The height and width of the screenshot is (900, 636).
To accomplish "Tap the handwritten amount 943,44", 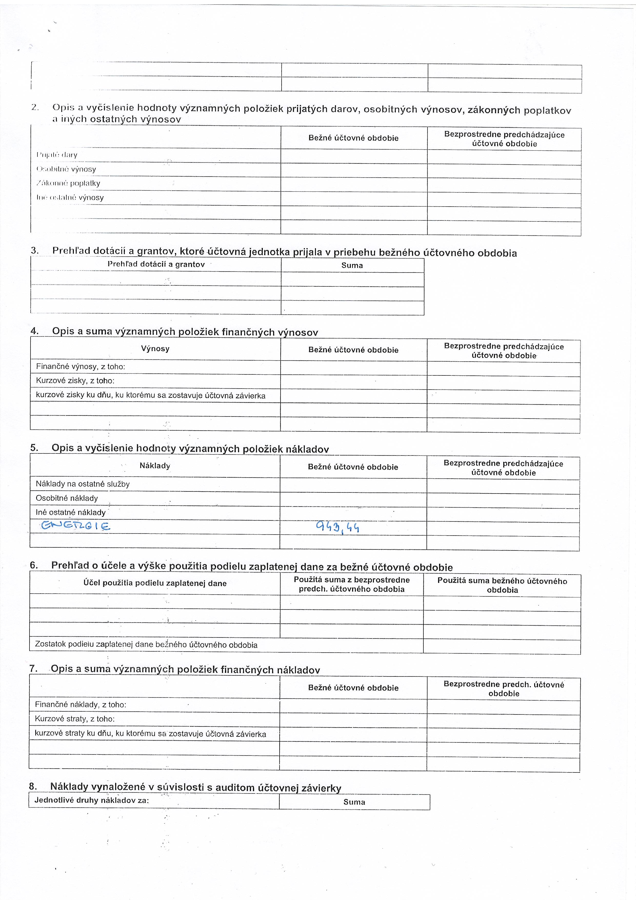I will click(337, 528).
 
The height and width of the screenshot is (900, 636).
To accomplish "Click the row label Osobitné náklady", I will click(67, 498).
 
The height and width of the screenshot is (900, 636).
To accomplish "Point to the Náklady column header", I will click(155, 466).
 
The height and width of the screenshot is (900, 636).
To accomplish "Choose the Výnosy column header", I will click(155, 349).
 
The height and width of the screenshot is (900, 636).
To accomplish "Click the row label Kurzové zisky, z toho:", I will click(75, 381).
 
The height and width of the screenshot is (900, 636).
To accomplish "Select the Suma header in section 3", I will click(352, 265).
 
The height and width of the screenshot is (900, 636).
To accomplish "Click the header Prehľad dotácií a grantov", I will click(156, 264).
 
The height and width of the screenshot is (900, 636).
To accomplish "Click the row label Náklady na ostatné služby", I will click(83, 484).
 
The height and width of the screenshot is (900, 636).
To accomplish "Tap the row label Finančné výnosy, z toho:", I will click(80, 366).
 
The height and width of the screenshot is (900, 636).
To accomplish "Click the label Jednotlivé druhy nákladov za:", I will click(92, 800).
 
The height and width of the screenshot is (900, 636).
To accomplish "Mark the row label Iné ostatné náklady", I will click(71, 512).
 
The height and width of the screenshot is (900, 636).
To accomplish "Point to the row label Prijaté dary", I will click(57, 155).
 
